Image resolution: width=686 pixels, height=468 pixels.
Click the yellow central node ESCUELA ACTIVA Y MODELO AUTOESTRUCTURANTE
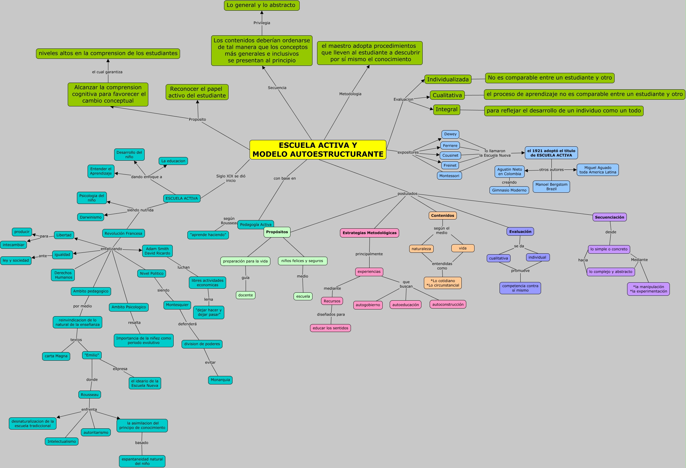(318, 150)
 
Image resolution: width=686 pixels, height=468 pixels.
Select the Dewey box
(450, 134)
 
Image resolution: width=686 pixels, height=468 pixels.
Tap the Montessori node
(449, 176)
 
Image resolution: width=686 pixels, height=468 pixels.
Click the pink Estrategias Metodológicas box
(369, 233)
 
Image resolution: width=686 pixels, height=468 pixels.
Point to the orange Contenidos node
(442, 216)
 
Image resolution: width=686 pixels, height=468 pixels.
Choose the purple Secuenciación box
(609, 217)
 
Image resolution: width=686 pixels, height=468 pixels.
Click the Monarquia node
(220, 380)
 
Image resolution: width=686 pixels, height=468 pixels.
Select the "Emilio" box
(92, 355)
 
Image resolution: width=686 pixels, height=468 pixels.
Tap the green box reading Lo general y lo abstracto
(262, 5)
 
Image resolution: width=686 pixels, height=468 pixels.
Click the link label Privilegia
(262, 23)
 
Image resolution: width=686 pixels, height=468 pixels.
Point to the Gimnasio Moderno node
(509, 190)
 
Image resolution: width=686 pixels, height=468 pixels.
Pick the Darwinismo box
(91, 217)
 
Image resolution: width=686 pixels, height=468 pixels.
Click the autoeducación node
(405, 305)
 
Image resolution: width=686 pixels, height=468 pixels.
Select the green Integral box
(446, 109)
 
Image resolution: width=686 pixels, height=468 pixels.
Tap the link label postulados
(407, 194)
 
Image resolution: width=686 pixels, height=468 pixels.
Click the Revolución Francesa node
(123, 233)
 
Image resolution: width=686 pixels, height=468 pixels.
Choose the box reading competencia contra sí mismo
(520, 288)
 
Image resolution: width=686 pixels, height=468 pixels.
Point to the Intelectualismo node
(62, 441)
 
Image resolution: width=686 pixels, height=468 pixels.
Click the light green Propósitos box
(277, 232)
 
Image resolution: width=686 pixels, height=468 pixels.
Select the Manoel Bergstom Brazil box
(551, 187)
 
